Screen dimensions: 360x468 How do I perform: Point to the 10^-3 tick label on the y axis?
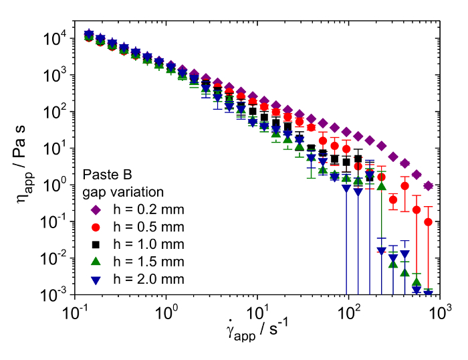[x=53, y=294]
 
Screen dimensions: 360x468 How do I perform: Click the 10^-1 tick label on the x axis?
[x=76, y=312]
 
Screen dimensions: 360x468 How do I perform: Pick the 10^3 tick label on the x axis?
[x=439, y=312]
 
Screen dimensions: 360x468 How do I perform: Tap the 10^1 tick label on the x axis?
[x=257, y=312]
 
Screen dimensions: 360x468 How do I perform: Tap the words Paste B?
[x=105, y=175]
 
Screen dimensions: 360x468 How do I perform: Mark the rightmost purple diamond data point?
[x=429, y=185]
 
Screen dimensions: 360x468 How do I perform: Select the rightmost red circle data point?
[x=429, y=221]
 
